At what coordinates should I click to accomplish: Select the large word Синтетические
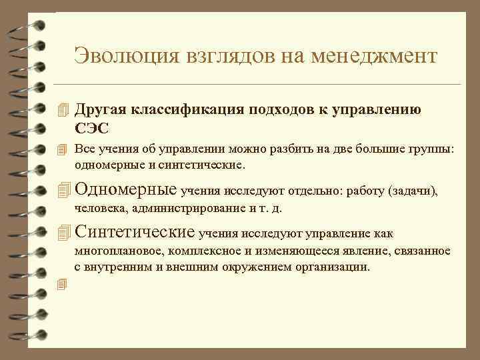coord(135,233)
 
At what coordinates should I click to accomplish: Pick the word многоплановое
coord(119,251)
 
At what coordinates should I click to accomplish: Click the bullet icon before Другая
coord(63,110)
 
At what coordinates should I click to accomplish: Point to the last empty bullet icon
coord(63,285)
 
